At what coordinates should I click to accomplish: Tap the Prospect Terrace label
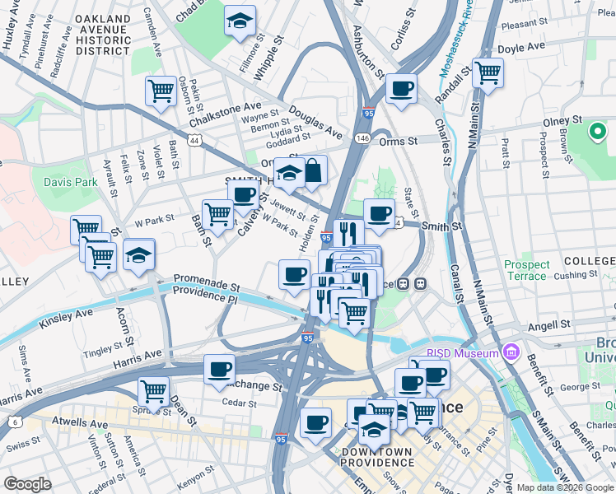pos(526,270)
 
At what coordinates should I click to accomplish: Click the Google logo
pos(28,483)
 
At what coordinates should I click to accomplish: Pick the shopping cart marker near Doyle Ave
pos(488,72)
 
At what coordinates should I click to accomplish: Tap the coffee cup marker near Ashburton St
pos(401,88)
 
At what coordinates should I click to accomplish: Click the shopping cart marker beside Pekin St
pos(161,91)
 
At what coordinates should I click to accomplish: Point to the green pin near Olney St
pos(597,131)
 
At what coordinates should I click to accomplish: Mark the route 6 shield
pos(16,422)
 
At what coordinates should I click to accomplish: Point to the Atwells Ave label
pos(80,425)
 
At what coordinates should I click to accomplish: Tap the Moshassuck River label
pos(455,41)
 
